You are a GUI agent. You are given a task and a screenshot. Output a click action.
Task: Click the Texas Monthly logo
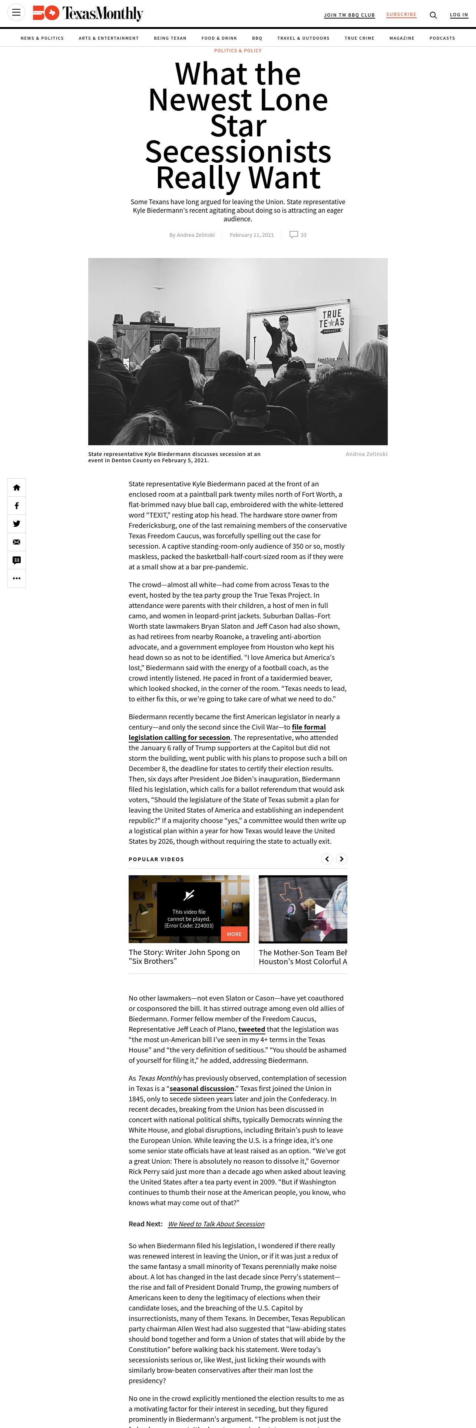point(87,13)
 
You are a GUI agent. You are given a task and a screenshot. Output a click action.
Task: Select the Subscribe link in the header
point(401,14)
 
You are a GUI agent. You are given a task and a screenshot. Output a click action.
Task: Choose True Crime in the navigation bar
point(359,38)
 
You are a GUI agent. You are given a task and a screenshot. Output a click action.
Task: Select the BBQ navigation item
point(257,38)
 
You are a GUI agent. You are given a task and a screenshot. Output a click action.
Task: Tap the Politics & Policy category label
point(238,50)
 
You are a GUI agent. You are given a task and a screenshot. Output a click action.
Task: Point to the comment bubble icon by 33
point(294,235)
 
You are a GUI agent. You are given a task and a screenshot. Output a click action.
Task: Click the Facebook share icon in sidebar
point(17,506)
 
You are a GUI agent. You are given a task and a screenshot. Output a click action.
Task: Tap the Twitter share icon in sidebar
point(17,524)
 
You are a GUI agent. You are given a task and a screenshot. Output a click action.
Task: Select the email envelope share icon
point(17,542)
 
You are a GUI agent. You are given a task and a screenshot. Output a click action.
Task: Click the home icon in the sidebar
point(17,487)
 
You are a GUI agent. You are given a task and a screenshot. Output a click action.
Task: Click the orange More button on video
point(234,934)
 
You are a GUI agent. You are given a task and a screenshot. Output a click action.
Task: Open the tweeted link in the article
point(252,1029)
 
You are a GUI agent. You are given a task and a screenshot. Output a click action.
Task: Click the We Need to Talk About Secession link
point(216,1224)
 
